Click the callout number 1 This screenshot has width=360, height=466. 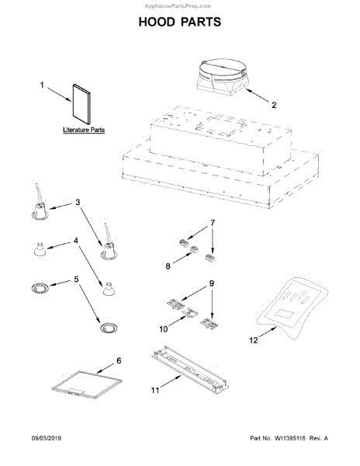42,85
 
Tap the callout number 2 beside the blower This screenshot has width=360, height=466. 274,105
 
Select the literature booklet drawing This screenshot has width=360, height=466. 81,104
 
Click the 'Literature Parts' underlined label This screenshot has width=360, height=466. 84,130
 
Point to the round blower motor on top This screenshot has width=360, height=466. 222,77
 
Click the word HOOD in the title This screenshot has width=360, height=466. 157,22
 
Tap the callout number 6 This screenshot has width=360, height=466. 119,360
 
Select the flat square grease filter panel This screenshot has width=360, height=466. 87,384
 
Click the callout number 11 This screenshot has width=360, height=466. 155,390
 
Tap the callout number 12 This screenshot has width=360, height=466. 254,340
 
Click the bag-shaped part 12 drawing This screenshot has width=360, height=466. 292,308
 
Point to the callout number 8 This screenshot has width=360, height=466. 168,266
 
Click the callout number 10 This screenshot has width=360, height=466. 163,329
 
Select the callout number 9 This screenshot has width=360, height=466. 212,283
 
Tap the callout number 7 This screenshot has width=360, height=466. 213,223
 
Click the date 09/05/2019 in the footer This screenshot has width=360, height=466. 47,438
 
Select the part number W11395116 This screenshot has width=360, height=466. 290,438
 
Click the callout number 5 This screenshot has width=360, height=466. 76,280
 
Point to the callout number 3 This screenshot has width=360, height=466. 78,202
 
